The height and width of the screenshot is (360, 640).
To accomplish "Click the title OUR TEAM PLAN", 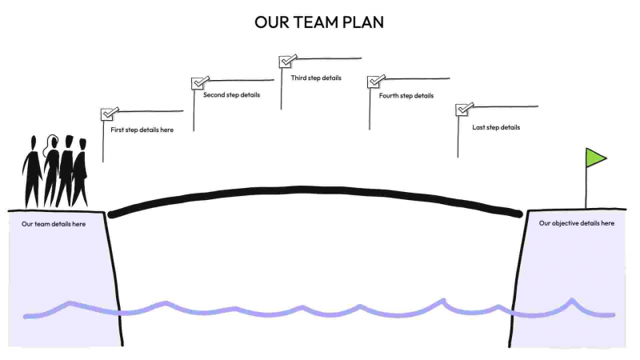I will pos(319,22).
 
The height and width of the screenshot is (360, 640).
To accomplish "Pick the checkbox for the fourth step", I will pos(374,82).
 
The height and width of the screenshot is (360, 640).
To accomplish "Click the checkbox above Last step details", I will pos(462,110).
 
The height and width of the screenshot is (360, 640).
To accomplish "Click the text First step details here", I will pos(142,130).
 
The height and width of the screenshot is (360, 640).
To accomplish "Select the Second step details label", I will pos(231,95).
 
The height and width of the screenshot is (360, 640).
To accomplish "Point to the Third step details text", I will pos(316,78).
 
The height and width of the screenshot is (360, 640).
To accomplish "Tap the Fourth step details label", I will pos(406,96).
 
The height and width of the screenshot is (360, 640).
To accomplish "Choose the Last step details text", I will pos(496,127).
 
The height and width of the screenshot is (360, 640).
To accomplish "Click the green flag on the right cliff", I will pos(595,158).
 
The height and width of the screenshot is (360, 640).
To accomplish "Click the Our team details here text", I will pos(54,224).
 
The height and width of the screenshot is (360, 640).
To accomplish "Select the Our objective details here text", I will pos(577,223).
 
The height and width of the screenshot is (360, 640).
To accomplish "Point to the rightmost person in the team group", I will pos(81,171).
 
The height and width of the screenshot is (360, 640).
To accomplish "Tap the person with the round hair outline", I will pos(51,168).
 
